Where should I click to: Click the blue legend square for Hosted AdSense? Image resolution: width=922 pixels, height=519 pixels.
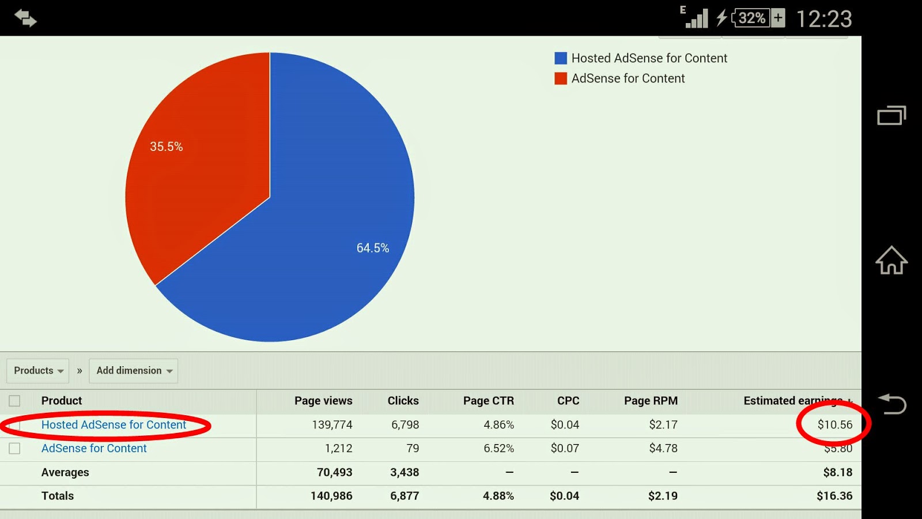tap(561, 58)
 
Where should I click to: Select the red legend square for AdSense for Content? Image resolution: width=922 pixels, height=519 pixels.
tap(561, 78)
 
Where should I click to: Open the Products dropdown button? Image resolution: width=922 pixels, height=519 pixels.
tap(38, 371)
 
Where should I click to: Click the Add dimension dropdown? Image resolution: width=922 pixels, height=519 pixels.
tap(134, 371)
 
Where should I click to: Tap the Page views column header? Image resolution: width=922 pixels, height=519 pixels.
tap(323, 401)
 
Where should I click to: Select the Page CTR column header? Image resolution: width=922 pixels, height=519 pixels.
tap(488, 401)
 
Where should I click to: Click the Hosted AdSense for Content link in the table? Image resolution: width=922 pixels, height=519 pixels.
tap(114, 425)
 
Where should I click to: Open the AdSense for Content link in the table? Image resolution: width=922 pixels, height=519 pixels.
tap(94, 449)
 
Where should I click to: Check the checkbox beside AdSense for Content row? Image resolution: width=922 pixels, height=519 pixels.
tap(14, 449)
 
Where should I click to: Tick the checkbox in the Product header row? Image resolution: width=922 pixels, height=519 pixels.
tap(14, 401)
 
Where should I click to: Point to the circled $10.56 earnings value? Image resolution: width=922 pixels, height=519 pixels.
tap(834, 425)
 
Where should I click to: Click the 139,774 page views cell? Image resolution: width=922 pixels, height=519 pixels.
tap(332, 425)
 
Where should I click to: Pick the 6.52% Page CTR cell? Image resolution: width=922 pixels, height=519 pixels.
tap(498, 449)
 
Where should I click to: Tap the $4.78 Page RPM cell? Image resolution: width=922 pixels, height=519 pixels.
tap(663, 449)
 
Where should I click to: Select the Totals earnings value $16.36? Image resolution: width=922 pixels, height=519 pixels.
tap(834, 496)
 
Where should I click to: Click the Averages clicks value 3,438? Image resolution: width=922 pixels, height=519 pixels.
tap(405, 472)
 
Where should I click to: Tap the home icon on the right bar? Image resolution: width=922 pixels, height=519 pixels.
tap(891, 260)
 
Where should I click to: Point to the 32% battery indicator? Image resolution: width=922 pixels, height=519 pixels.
tap(751, 18)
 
